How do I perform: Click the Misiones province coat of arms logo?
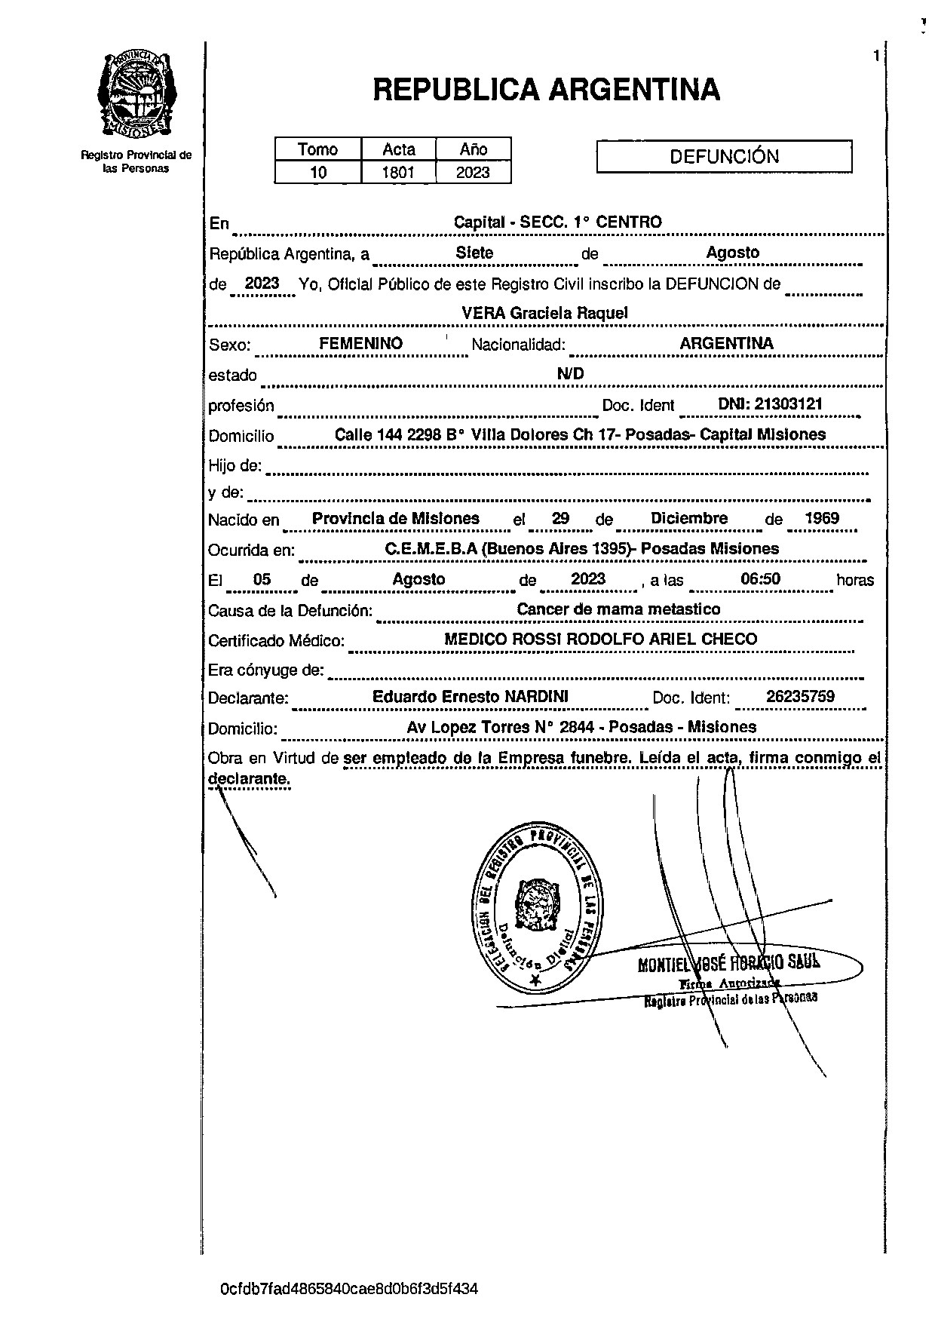click(x=136, y=94)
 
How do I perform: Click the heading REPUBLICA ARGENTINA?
click(x=546, y=90)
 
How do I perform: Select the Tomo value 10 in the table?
click(x=318, y=173)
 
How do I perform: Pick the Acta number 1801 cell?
click(x=398, y=173)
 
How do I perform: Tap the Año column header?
click(x=474, y=149)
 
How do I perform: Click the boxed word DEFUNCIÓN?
click(x=724, y=157)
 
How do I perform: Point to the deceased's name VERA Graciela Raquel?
click(x=544, y=313)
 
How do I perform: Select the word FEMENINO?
click(x=360, y=344)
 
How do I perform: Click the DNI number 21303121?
click(x=770, y=404)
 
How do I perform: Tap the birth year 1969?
click(x=821, y=519)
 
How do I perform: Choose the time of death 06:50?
click(x=760, y=579)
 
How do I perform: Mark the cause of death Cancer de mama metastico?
click(x=618, y=609)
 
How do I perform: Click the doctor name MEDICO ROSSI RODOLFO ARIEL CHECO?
click(x=600, y=640)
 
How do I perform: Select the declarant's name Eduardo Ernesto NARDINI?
click(x=470, y=697)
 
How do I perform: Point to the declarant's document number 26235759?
click(x=800, y=697)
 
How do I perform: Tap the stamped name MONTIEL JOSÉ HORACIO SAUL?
click(x=728, y=962)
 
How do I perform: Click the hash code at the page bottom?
click(x=349, y=1289)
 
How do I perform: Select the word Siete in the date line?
click(x=474, y=253)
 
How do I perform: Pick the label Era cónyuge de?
click(x=265, y=670)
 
